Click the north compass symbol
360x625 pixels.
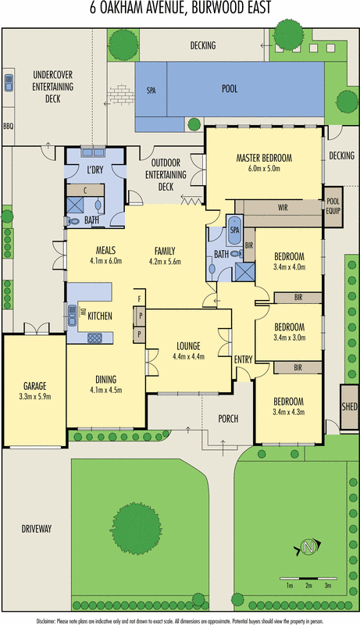pyautogui.click(x=307, y=548)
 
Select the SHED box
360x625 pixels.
pyautogui.click(x=349, y=407)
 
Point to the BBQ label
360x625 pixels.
pyautogui.click(x=9, y=126)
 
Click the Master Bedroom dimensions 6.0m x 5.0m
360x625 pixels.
pyautogui.click(x=263, y=169)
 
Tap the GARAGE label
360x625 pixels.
pyautogui.click(x=34, y=386)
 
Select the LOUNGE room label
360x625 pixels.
pyautogui.click(x=187, y=346)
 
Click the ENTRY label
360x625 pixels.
pyautogui.click(x=244, y=359)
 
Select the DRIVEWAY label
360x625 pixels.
pyautogui.click(x=37, y=529)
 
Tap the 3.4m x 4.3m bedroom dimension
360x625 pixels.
pyautogui.click(x=288, y=412)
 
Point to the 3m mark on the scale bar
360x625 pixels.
pyautogui.click(x=329, y=585)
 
